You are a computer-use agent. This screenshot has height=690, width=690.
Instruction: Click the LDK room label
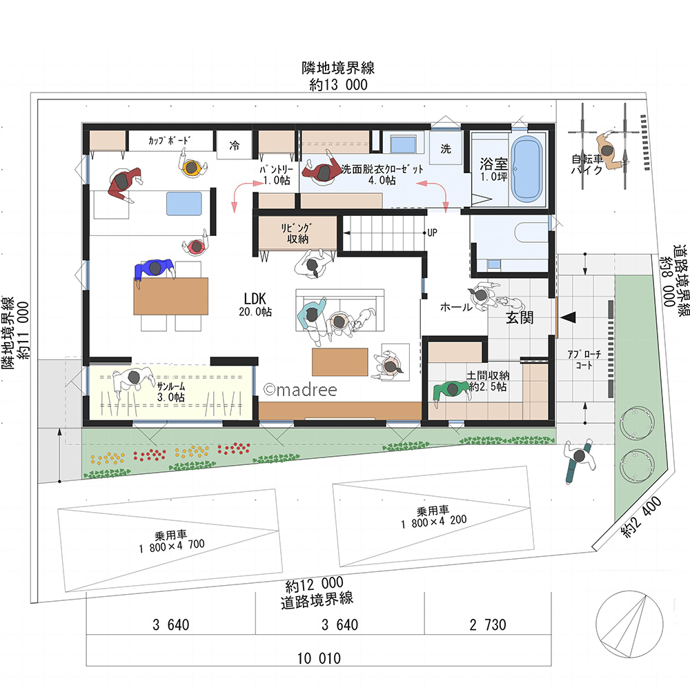(x=255, y=304)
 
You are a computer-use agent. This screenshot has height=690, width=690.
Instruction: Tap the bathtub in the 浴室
(x=526, y=169)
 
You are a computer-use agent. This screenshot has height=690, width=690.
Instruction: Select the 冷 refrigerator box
(x=234, y=145)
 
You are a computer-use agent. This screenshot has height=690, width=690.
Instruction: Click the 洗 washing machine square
(x=446, y=149)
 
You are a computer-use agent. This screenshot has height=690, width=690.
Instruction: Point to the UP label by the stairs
(x=432, y=233)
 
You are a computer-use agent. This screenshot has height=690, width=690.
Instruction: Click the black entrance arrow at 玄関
(x=568, y=317)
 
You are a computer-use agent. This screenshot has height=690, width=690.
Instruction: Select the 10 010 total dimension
(x=319, y=658)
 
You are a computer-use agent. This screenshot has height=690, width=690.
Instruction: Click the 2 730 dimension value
(x=488, y=624)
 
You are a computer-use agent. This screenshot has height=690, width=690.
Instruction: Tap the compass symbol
(x=629, y=625)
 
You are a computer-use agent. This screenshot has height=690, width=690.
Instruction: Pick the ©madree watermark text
(x=300, y=390)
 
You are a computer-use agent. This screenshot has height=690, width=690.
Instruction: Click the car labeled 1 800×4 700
(x=170, y=541)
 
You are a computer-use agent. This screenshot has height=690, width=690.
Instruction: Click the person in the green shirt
(x=452, y=391)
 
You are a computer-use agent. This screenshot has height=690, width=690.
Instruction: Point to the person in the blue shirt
(x=154, y=270)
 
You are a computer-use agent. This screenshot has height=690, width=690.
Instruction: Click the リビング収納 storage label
(x=297, y=233)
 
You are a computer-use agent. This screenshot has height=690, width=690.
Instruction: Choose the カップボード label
(x=169, y=140)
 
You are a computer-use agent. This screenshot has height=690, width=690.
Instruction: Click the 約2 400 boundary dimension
(x=641, y=517)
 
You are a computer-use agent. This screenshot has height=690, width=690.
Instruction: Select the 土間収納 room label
(x=488, y=375)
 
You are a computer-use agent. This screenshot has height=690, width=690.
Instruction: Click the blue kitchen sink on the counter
(x=184, y=204)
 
